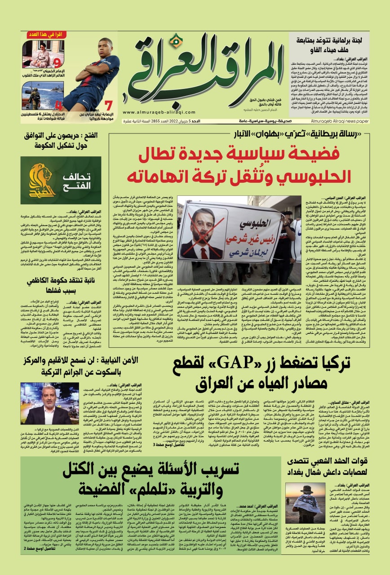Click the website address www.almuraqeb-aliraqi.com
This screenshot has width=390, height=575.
point(150,113)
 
